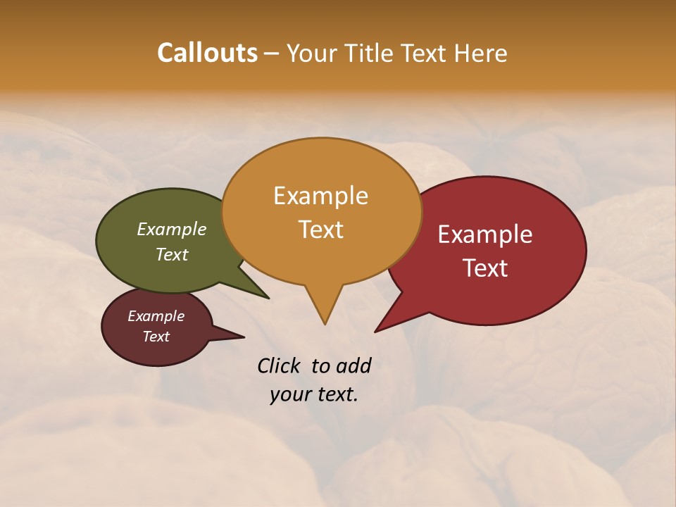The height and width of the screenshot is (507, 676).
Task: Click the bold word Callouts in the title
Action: [x=207, y=53]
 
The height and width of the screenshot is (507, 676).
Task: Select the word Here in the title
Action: [x=482, y=53]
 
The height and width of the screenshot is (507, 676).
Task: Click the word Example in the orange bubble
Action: [x=320, y=196]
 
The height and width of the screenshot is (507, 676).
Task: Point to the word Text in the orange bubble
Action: [x=320, y=230]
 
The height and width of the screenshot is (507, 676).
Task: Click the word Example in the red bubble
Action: [x=485, y=234]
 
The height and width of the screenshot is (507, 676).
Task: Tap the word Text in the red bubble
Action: [x=485, y=268]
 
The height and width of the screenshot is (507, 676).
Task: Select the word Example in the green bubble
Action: [x=172, y=230]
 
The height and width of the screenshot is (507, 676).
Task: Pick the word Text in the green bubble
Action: [x=172, y=254]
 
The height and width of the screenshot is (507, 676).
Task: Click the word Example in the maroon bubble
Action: [x=156, y=316]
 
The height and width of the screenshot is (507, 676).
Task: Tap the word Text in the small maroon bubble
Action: [x=156, y=337]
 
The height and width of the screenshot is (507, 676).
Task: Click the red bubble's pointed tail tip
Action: [x=375, y=331]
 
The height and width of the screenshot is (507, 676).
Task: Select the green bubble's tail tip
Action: [x=268, y=298]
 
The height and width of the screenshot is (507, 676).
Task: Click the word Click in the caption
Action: [x=278, y=365]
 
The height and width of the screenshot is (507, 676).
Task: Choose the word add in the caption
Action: [x=353, y=365]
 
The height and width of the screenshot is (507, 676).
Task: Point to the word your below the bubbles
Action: [x=289, y=394]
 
